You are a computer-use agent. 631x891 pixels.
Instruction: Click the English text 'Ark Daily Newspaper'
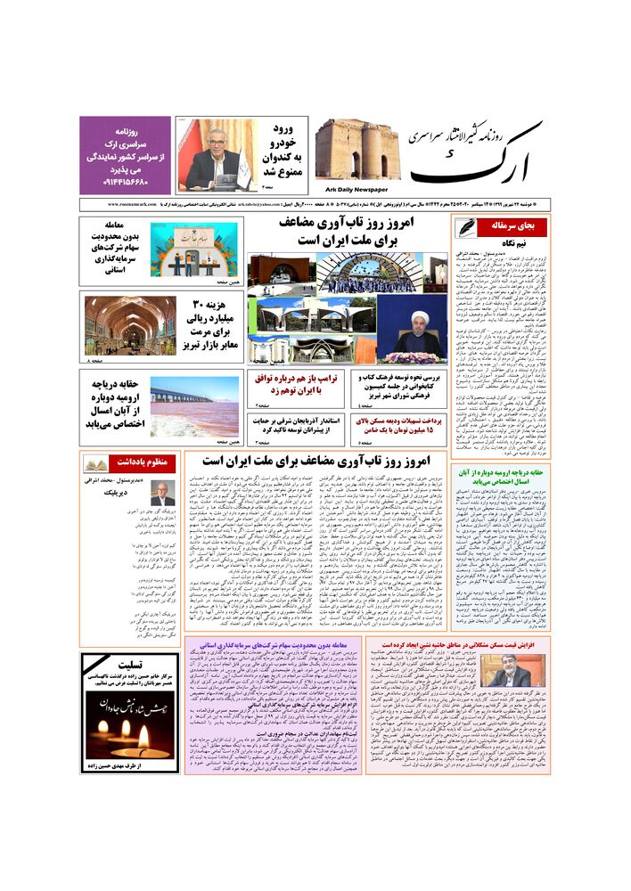click(x=351, y=189)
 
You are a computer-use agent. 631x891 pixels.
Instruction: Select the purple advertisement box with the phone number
click(x=126, y=154)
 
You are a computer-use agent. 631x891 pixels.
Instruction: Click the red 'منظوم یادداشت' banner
click(x=136, y=462)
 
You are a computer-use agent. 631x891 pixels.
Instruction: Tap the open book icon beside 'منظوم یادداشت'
click(x=96, y=463)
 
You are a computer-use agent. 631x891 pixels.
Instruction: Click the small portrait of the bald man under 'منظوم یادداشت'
click(x=162, y=494)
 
